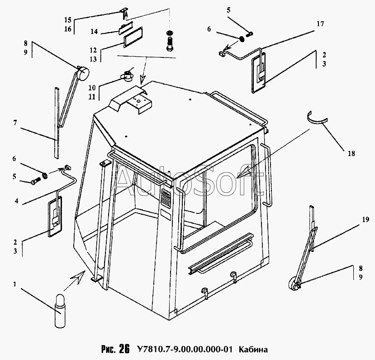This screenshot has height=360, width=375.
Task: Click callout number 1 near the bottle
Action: coord(15,285)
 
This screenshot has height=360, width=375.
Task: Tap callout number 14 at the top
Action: coord(95,32)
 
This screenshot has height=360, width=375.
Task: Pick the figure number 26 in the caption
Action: coord(124,349)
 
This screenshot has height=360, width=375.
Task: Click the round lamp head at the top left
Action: coord(83,72)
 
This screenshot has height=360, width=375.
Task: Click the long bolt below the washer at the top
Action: coord(170,46)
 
